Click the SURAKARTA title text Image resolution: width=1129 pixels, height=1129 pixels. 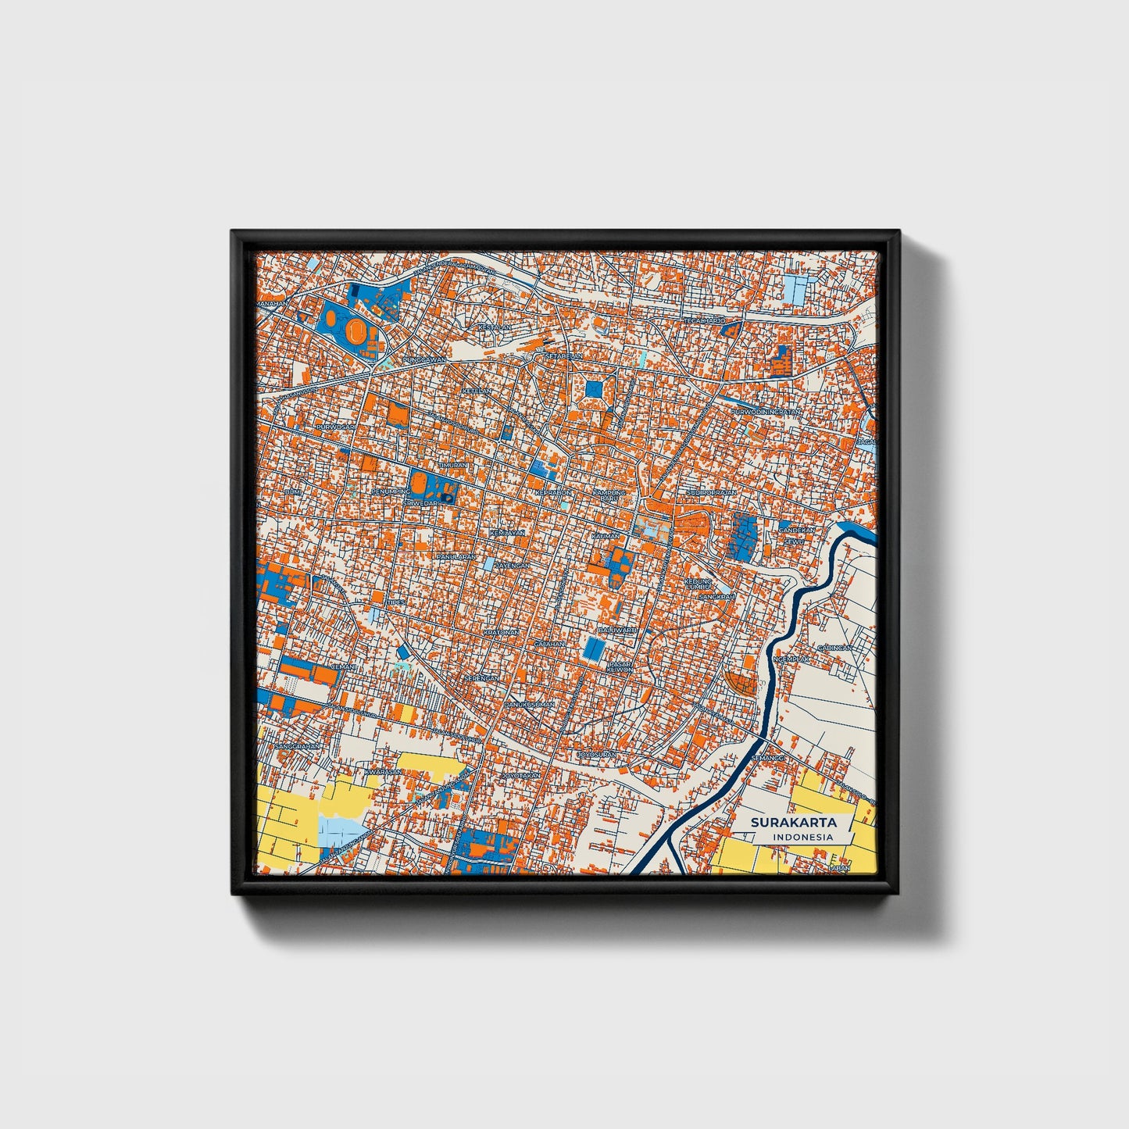click(793, 822)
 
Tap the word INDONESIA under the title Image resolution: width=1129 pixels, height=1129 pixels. click(802, 837)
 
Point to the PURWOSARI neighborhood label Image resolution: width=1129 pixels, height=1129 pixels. click(336, 427)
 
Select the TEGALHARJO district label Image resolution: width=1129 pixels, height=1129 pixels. click(705, 320)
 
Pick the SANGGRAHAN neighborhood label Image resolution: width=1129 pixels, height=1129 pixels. click(298, 746)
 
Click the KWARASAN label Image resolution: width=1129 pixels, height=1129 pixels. click(383, 772)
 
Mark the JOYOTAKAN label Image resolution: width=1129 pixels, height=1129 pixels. click(520, 775)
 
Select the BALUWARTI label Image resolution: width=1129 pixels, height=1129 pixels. click(617, 629)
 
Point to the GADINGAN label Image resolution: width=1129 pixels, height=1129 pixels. click(834, 648)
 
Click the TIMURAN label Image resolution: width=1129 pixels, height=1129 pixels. click(454, 465)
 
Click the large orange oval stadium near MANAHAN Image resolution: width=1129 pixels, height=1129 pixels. click(357, 331)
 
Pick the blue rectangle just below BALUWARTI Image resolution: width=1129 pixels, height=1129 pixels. click(595, 648)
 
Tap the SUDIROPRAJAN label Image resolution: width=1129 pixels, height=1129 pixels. click(711, 493)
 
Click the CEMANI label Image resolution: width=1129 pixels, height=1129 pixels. click(344, 666)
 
